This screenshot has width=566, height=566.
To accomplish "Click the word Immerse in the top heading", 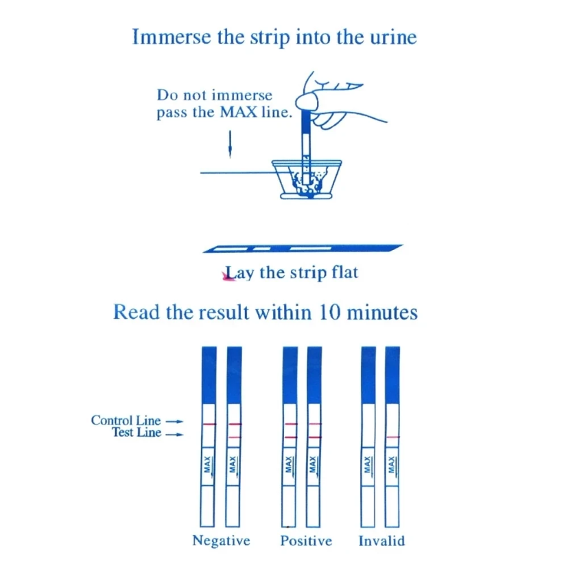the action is pos(172,37).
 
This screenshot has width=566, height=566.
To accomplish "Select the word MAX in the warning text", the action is pos(239,112).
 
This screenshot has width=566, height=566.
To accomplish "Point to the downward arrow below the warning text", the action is pos(230,144).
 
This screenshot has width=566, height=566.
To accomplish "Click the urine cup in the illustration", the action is pos(307,179).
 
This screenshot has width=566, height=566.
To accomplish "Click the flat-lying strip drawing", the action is pos(303,249).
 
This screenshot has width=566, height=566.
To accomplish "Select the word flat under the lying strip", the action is pos(344,272).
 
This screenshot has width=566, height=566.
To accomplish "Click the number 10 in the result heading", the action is pos(329,313).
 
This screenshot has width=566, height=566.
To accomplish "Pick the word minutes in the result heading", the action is pos(382,313).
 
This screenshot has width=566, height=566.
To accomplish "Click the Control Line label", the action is pos(126,420).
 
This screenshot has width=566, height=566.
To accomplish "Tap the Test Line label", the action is pos(137,432).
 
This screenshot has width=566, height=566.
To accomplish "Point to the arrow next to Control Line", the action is pos(174,422).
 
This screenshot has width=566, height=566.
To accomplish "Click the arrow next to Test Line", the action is pos(174,434).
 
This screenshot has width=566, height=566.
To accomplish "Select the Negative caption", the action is pos(222,541).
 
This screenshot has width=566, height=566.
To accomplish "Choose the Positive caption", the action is pos(306,541).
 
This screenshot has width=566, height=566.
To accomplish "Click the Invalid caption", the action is pos(381,541).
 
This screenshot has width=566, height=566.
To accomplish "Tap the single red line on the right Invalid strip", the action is pos(392,438).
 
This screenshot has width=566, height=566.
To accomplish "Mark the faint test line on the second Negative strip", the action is pos(234,438).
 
